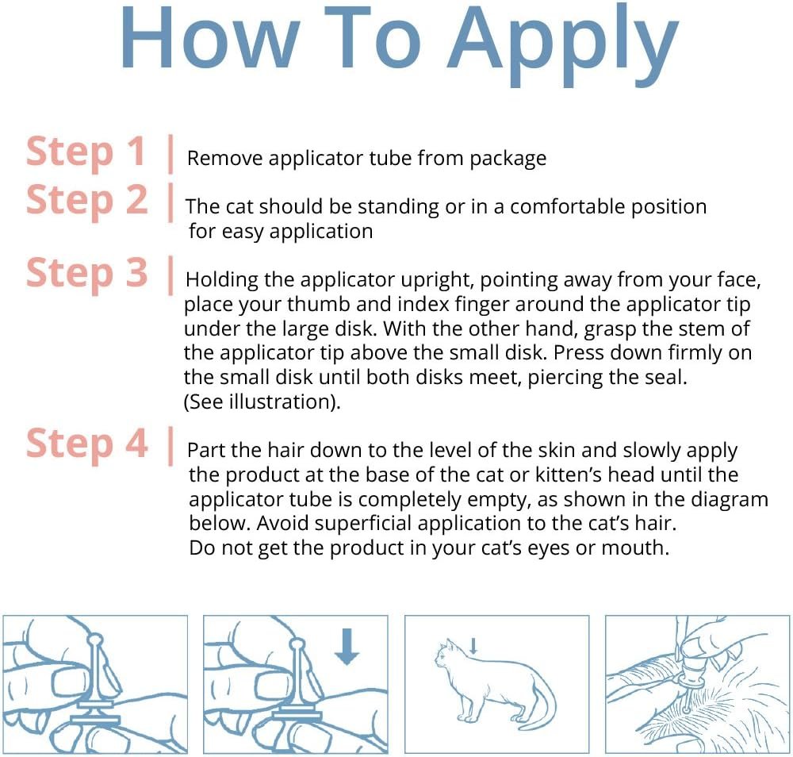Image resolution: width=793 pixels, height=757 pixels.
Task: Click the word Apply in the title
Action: [x=562, y=44]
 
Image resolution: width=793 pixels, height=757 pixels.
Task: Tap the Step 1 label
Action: [x=86, y=152]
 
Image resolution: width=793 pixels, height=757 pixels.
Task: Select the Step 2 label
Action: [x=86, y=201]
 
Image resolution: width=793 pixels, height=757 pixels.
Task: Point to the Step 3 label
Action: [x=86, y=273]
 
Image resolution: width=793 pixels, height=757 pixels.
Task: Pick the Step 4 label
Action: [x=86, y=444]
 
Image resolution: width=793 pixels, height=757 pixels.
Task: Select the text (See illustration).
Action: [x=262, y=402]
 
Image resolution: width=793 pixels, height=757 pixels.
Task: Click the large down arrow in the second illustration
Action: [x=347, y=647]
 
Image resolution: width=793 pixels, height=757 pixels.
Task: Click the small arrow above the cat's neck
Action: [x=473, y=646]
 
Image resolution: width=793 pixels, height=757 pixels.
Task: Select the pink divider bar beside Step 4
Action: [x=170, y=446]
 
